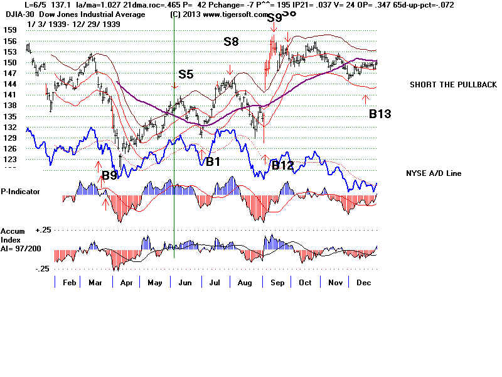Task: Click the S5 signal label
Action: click(x=186, y=74)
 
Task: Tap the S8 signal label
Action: click(x=231, y=41)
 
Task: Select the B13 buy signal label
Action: click(x=380, y=114)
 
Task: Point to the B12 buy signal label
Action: click(x=282, y=165)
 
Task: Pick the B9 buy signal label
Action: click(x=109, y=176)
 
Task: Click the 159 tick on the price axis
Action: click(x=9, y=30)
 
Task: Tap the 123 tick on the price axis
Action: click(x=9, y=160)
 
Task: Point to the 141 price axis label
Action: click(x=9, y=95)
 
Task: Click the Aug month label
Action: click(x=245, y=283)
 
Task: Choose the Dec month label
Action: click(x=362, y=283)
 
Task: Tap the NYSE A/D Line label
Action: click(x=434, y=173)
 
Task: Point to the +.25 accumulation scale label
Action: click(x=24, y=231)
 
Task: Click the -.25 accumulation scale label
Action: click(x=24, y=268)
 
